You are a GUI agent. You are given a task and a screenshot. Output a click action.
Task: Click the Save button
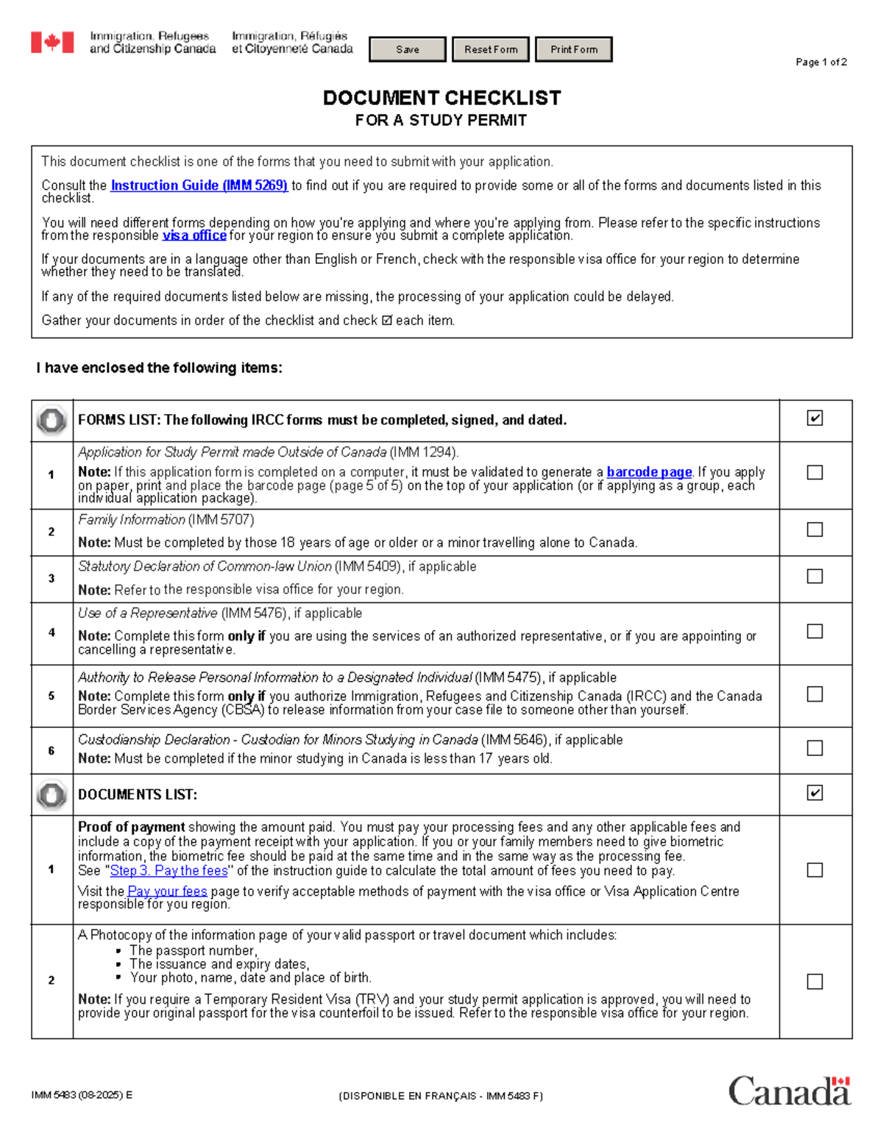point(407,49)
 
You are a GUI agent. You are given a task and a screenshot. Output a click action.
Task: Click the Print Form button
point(573,49)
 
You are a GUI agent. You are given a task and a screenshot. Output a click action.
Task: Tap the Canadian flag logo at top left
point(52,43)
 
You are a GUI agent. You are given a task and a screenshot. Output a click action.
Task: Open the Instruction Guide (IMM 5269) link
point(199,185)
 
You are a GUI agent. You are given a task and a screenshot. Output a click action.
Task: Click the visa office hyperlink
point(194,235)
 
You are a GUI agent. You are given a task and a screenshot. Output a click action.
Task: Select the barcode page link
point(649,472)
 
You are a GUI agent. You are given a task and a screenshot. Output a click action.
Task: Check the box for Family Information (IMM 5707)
point(815,529)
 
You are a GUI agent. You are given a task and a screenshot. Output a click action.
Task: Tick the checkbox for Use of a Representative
point(815,632)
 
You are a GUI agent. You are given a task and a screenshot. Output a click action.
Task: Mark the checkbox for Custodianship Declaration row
point(815,748)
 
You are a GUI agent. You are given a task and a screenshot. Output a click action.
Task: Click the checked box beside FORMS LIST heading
point(815,418)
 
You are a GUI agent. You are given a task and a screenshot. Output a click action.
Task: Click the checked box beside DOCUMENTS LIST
point(815,793)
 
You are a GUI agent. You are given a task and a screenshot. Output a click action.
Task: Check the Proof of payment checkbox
point(815,870)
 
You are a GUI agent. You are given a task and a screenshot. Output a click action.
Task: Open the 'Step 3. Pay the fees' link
point(169,871)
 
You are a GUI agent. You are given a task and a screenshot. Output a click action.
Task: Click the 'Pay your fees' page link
point(168,891)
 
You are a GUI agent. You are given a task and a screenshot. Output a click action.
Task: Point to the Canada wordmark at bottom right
point(790,1091)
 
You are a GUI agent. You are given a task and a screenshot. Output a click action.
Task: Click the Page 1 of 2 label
point(820,63)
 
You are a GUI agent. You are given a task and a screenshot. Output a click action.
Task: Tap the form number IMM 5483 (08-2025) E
point(82,1095)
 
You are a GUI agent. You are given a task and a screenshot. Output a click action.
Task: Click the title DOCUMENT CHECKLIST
point(441,98)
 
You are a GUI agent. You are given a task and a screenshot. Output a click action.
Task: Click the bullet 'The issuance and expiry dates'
point(219,964)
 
